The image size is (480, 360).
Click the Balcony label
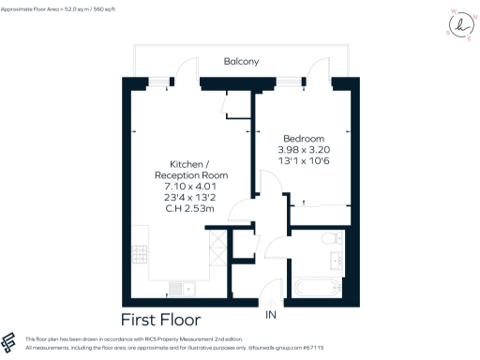241,62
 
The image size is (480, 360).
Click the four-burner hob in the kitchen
142,254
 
